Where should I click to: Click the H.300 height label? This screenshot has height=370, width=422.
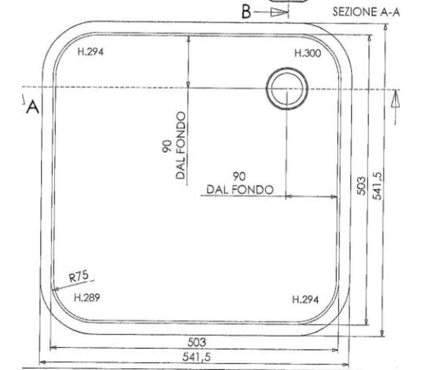point(308,53)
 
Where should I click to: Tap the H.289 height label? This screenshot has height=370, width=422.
point(87,298)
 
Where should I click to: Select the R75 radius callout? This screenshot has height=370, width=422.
point(79,276)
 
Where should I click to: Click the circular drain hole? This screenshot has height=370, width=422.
point(287,88)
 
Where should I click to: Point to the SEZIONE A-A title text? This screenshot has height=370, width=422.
point(366,12)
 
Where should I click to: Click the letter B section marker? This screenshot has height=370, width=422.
point(246,12)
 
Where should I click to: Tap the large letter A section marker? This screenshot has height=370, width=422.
point(33,107)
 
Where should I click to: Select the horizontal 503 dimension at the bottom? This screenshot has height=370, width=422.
point(197,342)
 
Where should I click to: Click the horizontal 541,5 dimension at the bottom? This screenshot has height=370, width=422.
point(196,357)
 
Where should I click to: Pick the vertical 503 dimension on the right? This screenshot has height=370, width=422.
point(361,186)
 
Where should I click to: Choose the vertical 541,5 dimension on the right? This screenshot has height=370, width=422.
point(377,186)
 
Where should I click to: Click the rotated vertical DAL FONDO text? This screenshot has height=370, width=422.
point(180,146)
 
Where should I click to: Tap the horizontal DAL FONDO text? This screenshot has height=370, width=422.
point(240,190)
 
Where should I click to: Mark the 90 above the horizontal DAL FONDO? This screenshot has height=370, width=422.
point(239,177)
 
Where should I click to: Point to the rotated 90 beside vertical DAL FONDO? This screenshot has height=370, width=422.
point(167,146)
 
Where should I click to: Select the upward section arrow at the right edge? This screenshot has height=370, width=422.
point(395,107)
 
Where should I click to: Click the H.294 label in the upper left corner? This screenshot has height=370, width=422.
point(90,51)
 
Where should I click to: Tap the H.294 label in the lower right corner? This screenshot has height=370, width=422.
point(305,299)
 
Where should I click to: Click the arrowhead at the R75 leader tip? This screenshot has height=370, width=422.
point(56,289)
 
